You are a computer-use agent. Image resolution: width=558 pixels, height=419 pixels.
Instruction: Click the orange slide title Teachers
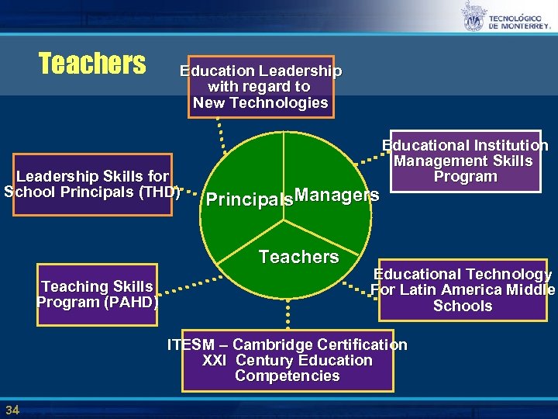coord(92,62)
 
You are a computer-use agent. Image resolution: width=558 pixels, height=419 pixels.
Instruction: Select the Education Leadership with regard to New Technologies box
coord(260,86)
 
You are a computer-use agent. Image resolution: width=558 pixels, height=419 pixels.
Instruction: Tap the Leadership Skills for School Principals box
coord(92,185)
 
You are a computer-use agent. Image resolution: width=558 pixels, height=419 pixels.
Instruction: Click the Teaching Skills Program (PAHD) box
coord(98,294)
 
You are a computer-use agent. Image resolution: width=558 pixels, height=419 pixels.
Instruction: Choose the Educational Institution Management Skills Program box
coord(465,161)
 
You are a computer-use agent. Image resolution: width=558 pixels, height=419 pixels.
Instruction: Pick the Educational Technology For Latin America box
coord(463,289)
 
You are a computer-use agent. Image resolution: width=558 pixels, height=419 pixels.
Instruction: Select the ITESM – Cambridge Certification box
coord(287,360)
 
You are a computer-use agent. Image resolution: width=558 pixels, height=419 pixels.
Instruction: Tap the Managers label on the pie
coord(337,194)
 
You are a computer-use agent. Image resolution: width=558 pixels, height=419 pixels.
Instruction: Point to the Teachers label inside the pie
coord(298,257)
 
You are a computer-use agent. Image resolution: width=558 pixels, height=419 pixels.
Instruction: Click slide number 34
coord(12,410)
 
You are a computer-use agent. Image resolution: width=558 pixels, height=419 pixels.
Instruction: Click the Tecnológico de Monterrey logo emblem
coord(474,17)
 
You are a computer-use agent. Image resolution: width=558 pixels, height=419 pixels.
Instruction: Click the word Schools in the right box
coord(463,306)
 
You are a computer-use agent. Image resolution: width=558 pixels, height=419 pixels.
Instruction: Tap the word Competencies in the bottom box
coord(287,376)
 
